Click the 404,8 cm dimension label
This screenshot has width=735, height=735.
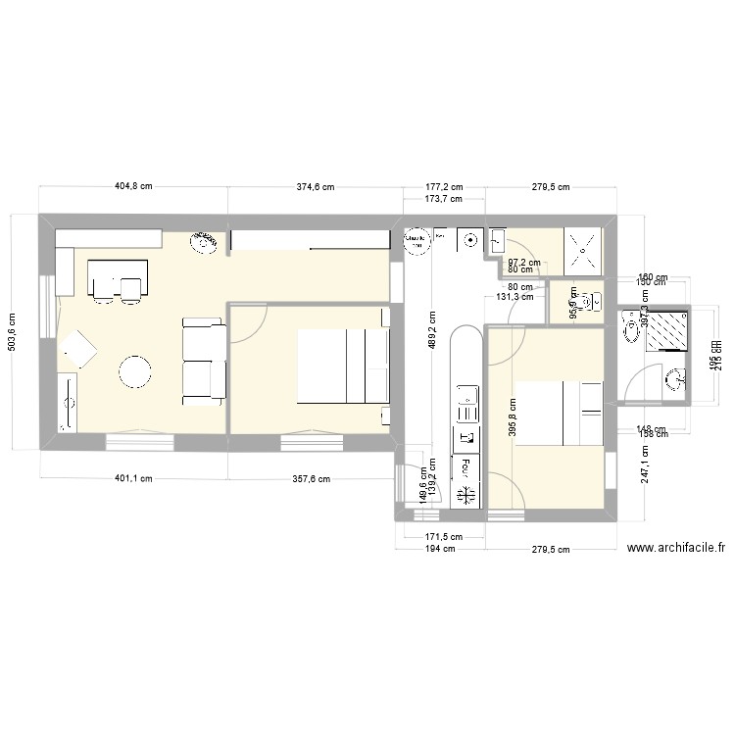pos(133,186)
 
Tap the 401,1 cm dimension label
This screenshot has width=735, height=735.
pos(133,479)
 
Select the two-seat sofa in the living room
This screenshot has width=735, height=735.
pos(203,361)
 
